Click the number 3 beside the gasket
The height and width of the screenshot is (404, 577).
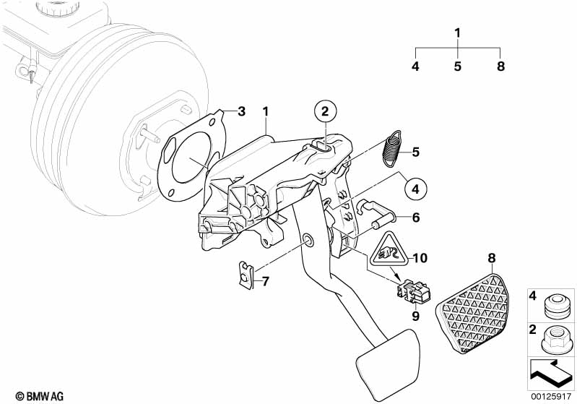point(242,111)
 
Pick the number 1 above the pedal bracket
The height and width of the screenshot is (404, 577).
point(266,112)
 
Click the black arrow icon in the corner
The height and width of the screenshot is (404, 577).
point(551,372)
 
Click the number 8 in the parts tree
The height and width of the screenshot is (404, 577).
point(500,66)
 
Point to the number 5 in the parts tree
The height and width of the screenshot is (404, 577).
point(458,66)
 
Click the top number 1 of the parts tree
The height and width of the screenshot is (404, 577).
point(458,33)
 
